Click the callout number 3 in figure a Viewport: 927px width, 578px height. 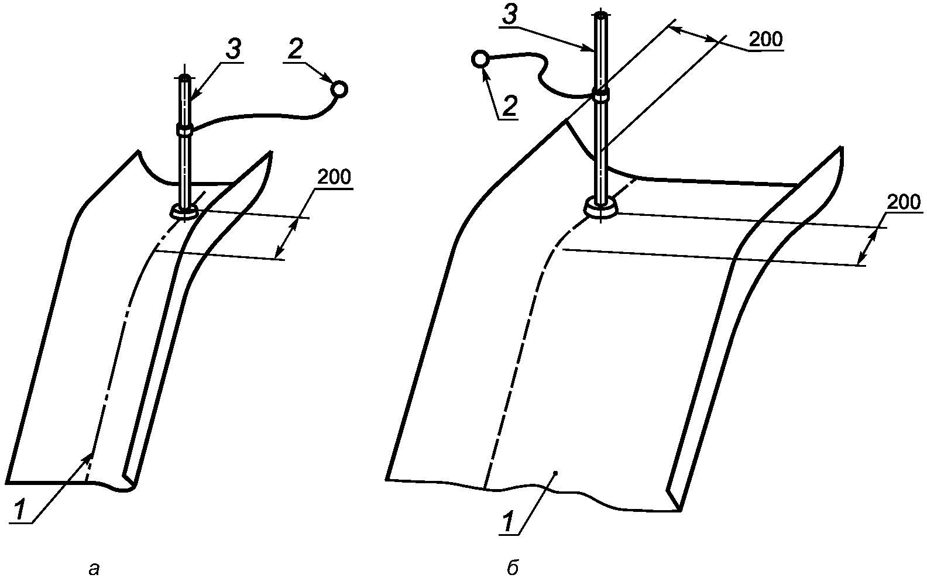coord(234,49)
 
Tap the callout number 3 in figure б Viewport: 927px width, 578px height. coord(510,15)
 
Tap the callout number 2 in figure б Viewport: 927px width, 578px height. coord(509,106)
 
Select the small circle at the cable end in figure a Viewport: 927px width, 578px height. coord(339,90)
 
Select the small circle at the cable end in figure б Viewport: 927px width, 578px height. coord(480,59)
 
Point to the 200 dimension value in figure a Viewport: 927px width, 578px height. coord(334,177)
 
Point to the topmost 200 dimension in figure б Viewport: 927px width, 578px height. coord(766,39)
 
